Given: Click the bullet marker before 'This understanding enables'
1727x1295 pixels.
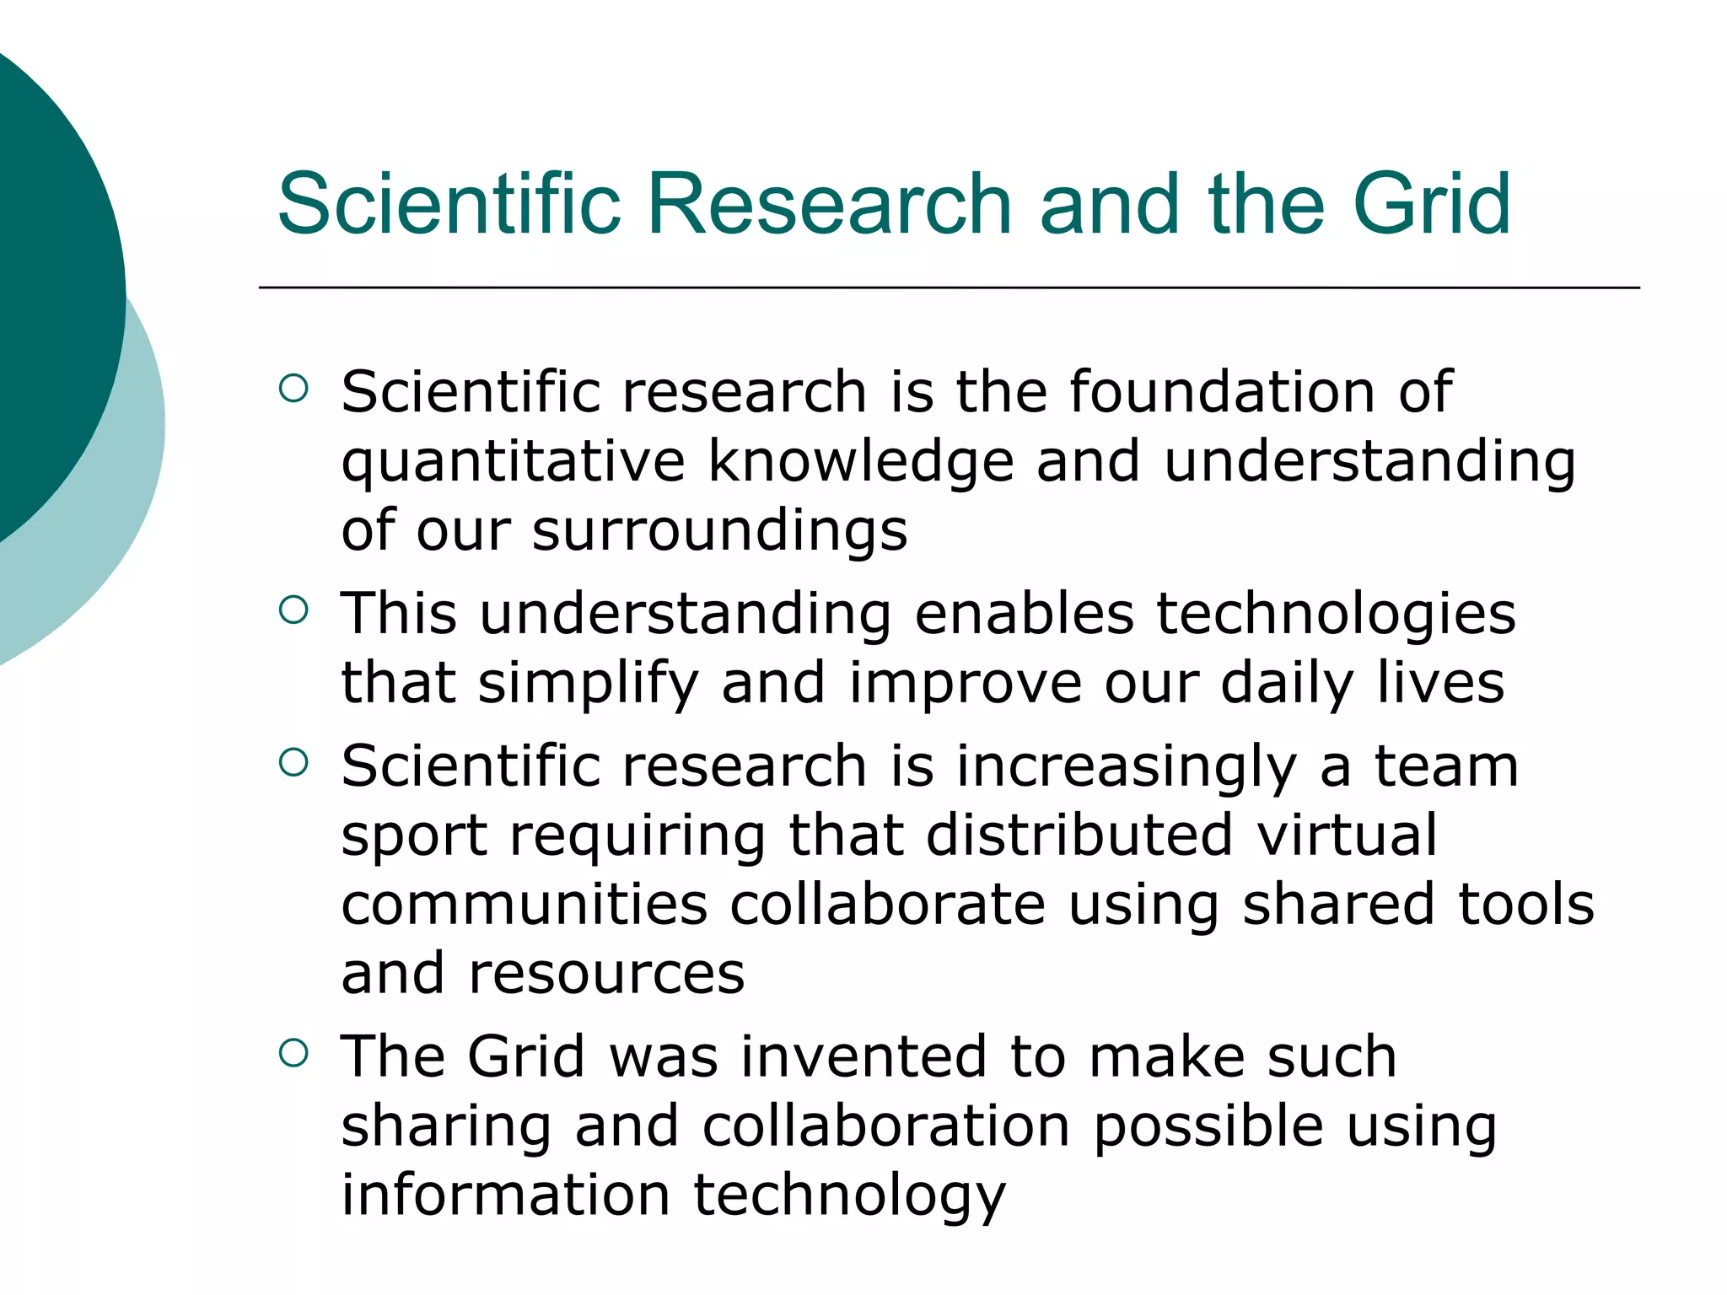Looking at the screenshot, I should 293,610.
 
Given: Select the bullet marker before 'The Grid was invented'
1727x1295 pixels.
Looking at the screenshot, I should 293,1053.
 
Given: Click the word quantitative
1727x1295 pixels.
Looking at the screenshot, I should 513,463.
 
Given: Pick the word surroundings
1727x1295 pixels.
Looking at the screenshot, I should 719,532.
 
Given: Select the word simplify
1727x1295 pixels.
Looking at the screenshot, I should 589,684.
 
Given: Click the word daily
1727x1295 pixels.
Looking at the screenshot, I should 1287,684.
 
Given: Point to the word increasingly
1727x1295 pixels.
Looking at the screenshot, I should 1127,768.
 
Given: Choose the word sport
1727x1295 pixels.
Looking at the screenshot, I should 414,837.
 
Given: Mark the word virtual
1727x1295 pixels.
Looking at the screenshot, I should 1347,836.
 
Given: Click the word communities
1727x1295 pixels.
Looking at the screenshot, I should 525,905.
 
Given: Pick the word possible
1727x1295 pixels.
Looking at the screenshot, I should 1208,1127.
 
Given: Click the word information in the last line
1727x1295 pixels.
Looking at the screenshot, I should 505,1195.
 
